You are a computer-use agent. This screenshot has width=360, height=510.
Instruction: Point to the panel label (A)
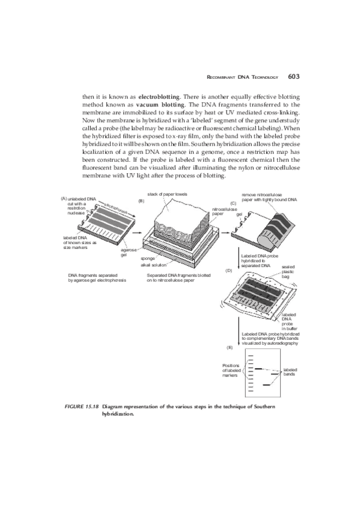63,199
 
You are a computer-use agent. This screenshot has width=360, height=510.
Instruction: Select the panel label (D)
228,270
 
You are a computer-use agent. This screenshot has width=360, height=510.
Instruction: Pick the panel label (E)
229,348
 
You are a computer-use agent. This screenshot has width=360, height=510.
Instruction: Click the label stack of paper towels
166,195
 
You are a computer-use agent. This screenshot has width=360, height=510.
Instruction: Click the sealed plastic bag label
288,271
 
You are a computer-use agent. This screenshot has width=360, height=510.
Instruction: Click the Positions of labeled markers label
231,370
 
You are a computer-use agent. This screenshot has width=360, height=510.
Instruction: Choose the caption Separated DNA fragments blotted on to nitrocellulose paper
178,277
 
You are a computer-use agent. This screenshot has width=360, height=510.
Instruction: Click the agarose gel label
127,251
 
